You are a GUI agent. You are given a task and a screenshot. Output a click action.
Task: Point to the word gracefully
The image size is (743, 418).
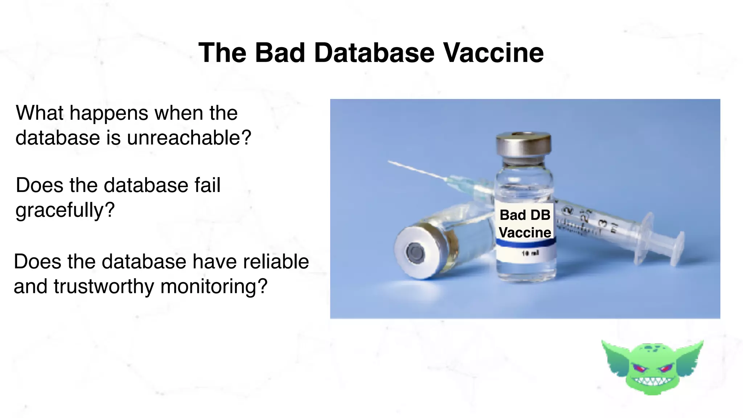click(x=65, y=210)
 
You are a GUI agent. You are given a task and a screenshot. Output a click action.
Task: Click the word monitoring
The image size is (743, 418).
click(x=214, y=287)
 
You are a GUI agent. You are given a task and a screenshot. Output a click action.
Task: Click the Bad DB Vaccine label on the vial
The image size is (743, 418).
click(x=525, y=224)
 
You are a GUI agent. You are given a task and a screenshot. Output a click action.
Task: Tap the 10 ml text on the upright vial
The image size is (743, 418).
click(x=530, y=253)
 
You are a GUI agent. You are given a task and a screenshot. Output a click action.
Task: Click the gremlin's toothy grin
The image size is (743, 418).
click(x=653, y=381)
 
